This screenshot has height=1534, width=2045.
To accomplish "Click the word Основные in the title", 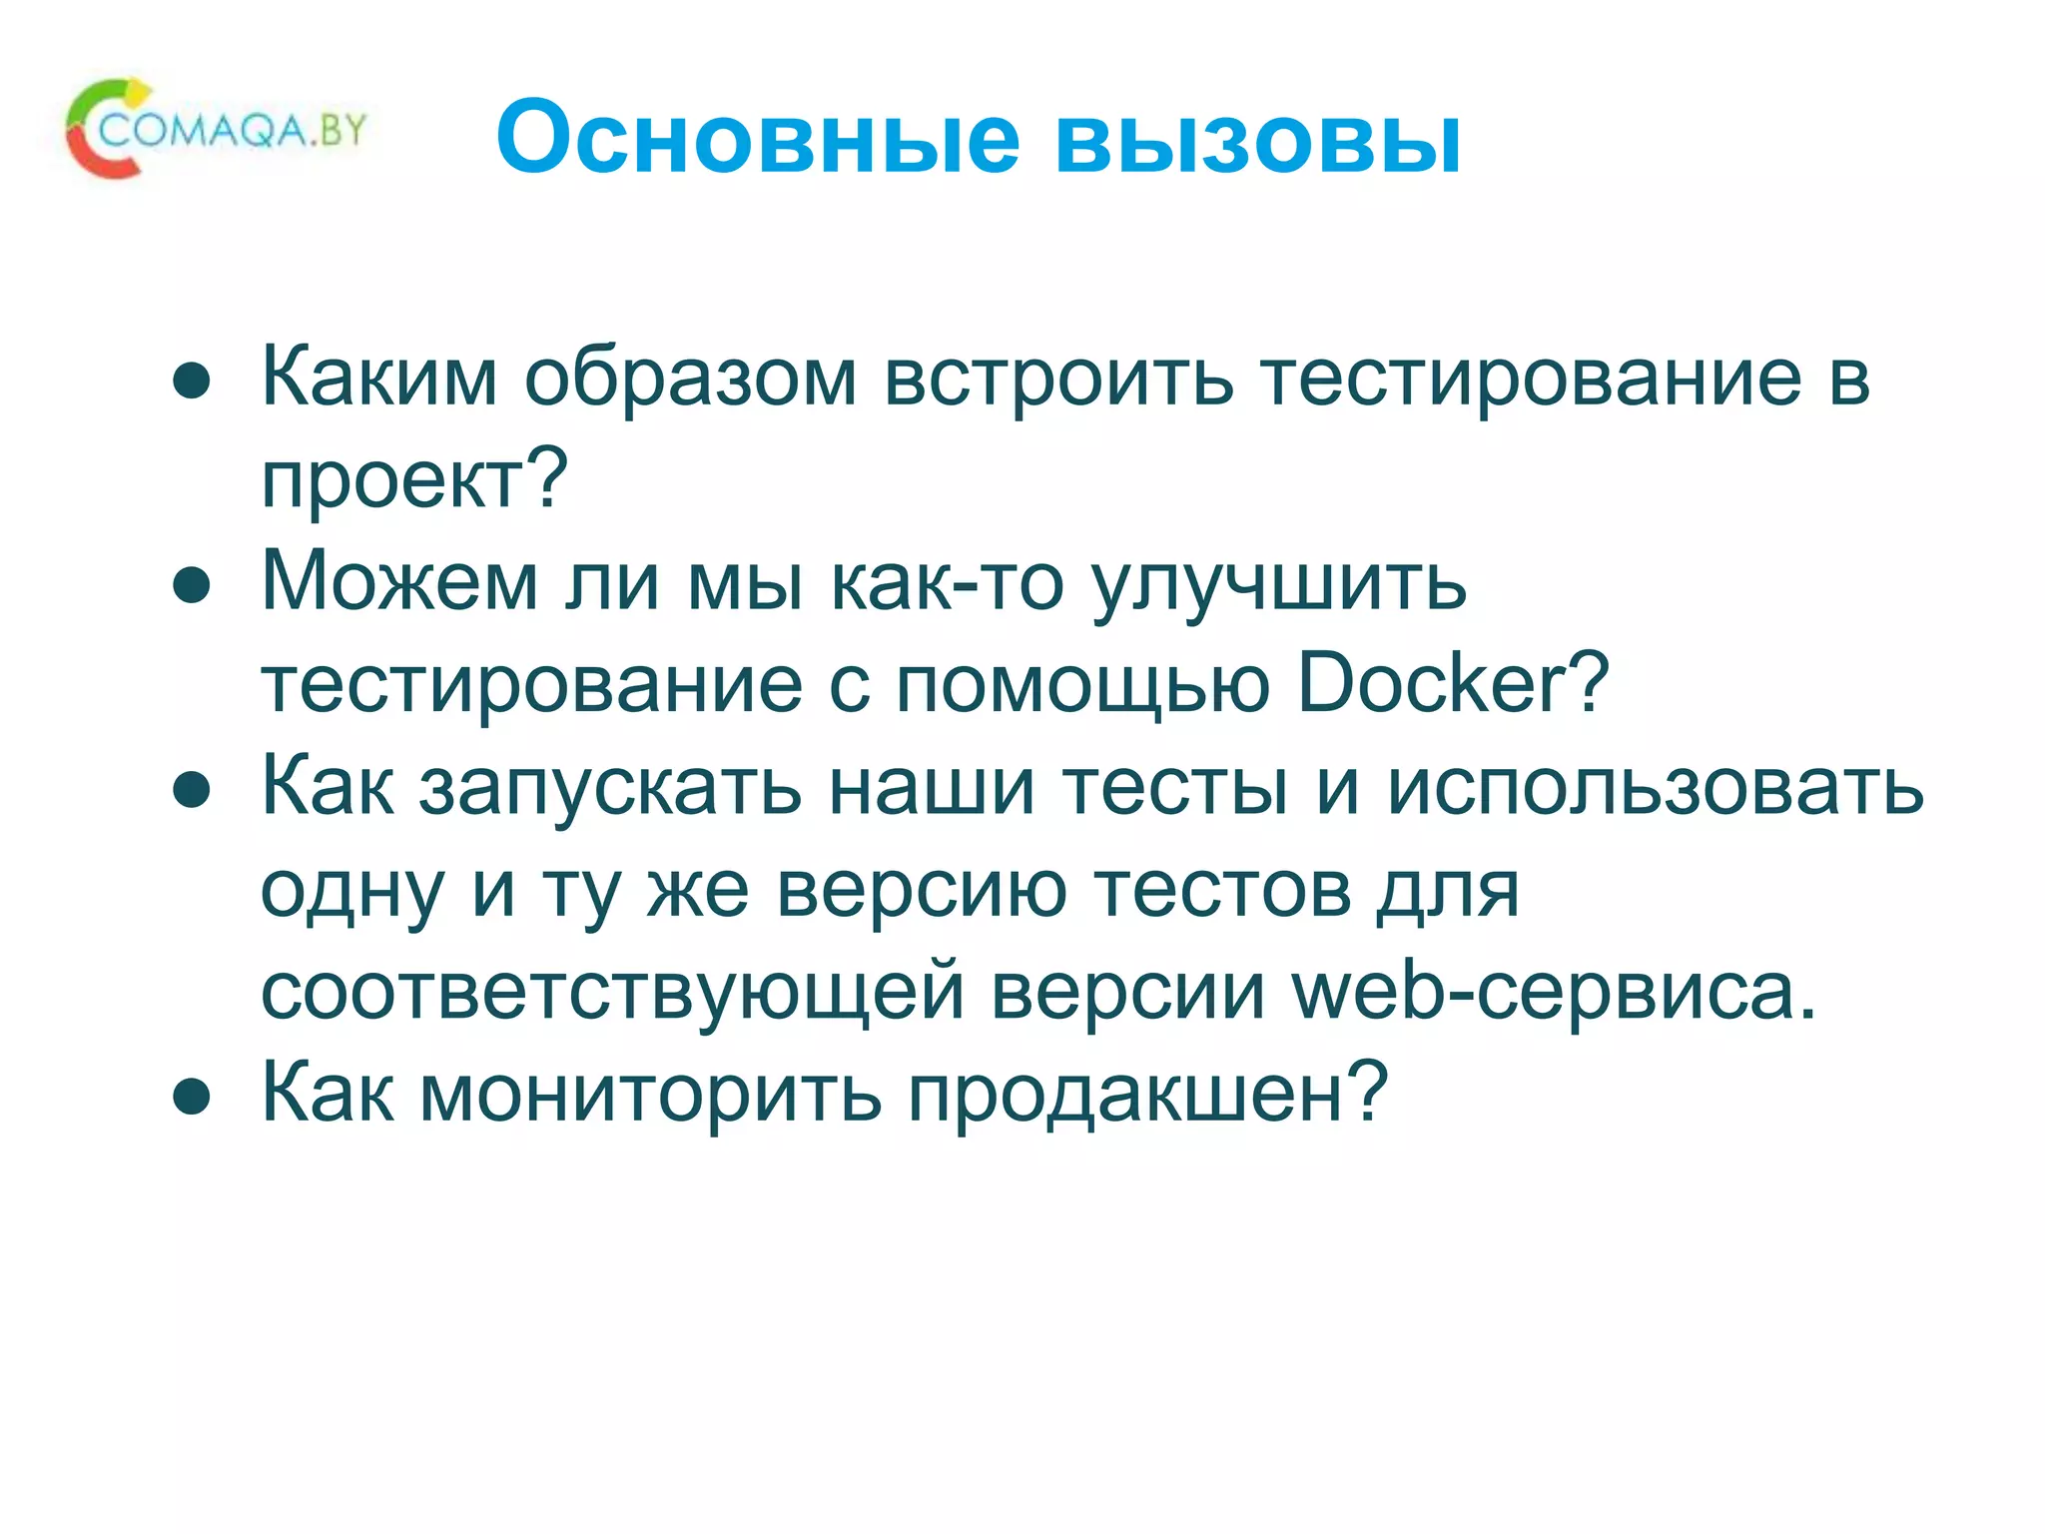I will [758, 138].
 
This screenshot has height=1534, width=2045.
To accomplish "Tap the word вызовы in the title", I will [1257, 138].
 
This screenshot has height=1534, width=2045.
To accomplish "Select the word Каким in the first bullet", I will [379, 378].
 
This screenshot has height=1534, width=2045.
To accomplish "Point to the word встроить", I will [1058, 378].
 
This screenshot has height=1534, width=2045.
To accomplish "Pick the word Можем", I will [399, 582].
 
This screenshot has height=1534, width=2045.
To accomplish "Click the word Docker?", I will [1453, 684].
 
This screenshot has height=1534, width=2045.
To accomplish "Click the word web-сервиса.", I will [1555, 992].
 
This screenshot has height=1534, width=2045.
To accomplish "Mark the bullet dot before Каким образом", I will [192, 382].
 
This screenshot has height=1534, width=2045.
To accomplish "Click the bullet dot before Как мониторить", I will [192, 1098].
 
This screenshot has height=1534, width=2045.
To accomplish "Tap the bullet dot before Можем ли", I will [192, 586].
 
